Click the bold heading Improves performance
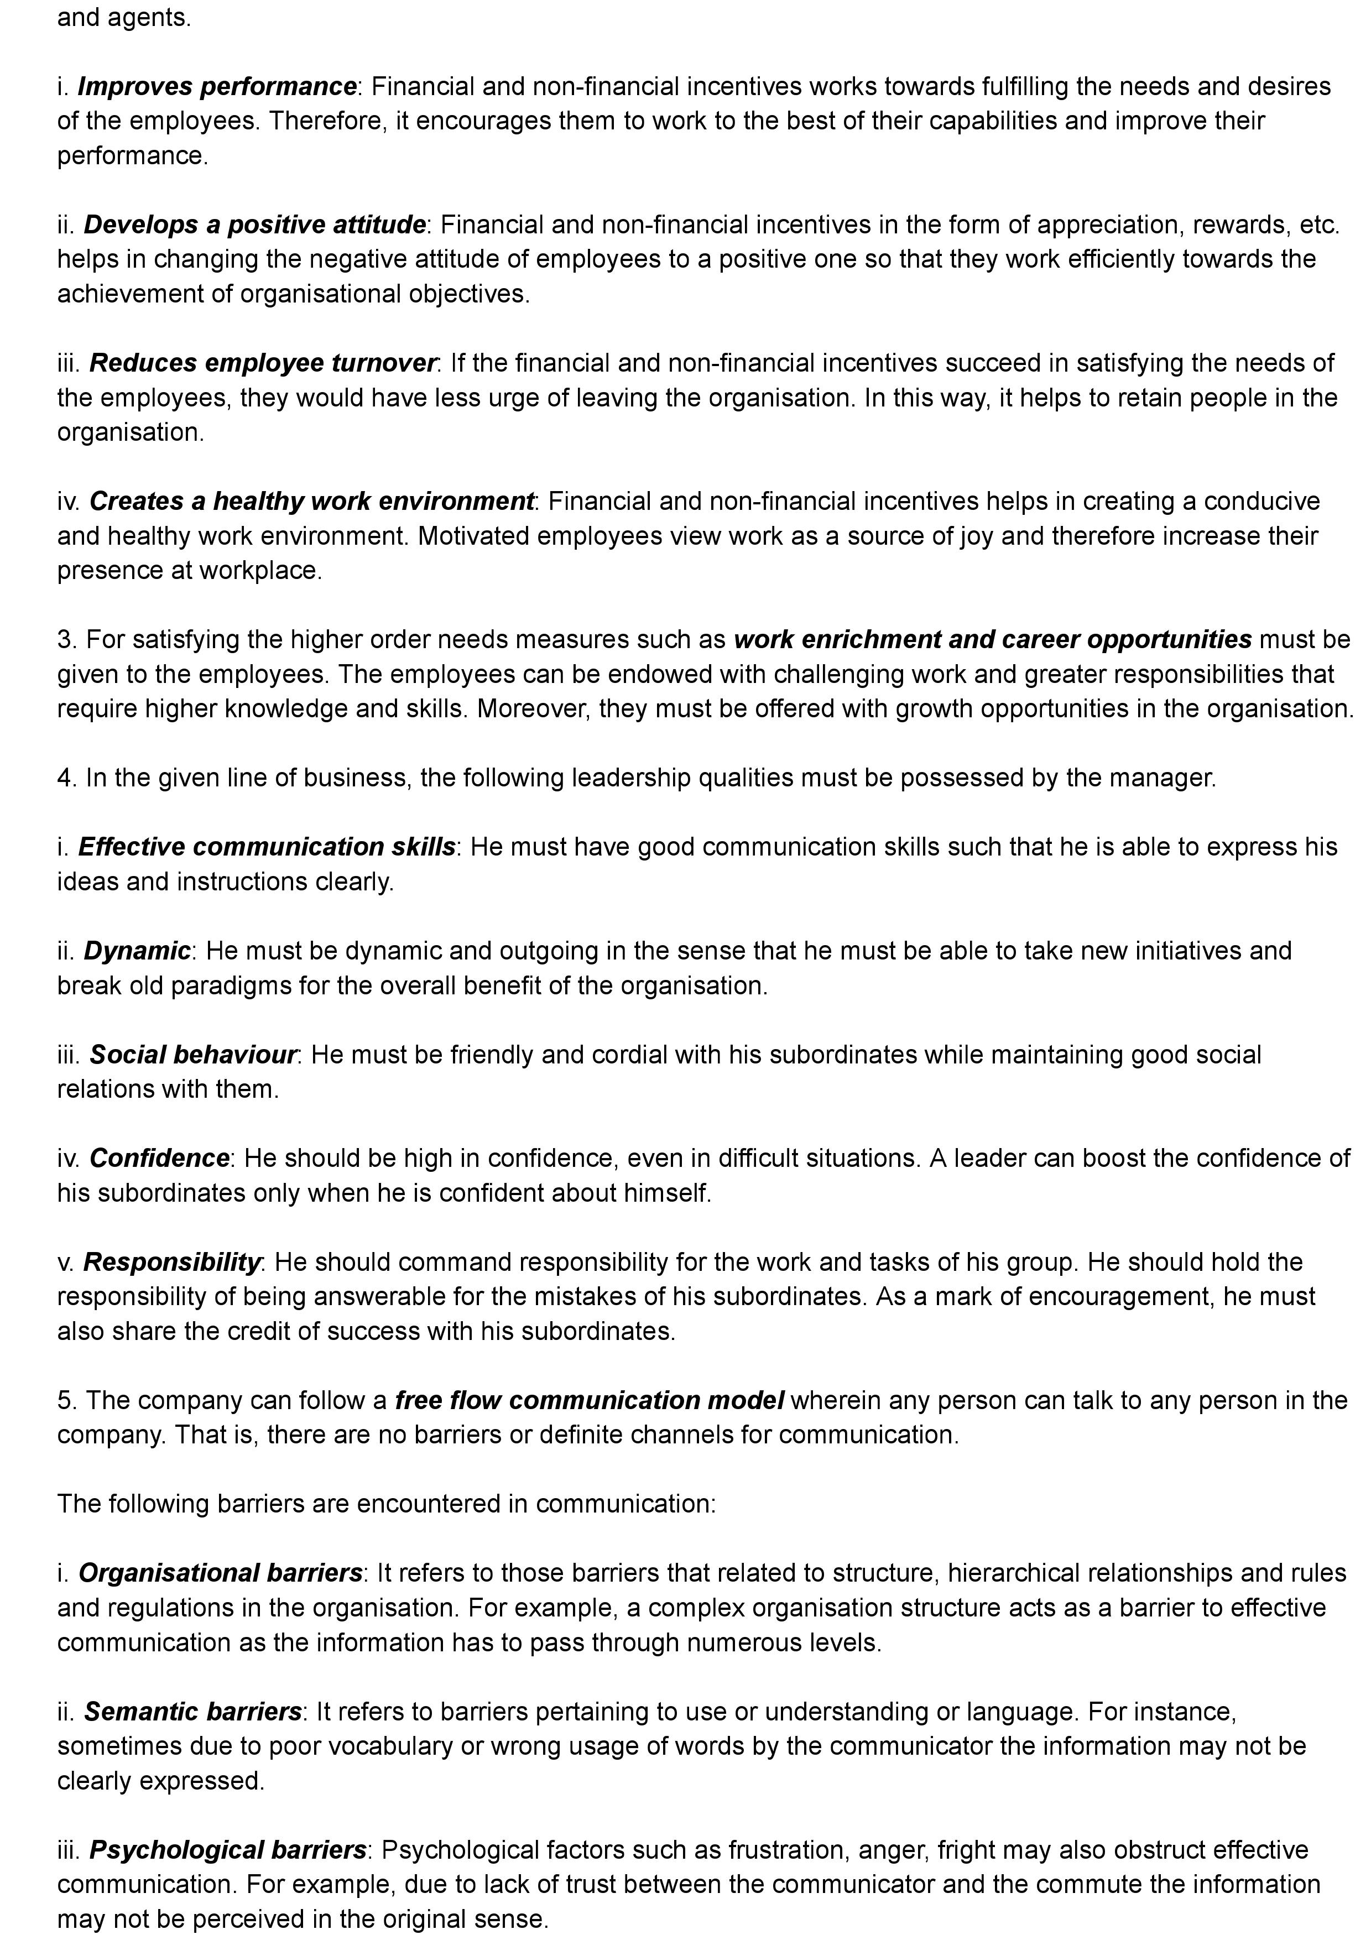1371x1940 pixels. [x=216, y=86]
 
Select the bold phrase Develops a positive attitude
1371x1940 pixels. [x=254, y=225]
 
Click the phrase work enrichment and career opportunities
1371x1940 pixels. [x=993, y=640]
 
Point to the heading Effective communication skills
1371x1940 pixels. [x=266, y=847]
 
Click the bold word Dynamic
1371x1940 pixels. [x=137, y=951]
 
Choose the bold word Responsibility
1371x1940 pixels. [x=171, y=1263]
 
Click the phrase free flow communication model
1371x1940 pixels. [x=590, y=1401]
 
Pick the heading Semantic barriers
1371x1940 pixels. [x=192, y=1712]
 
